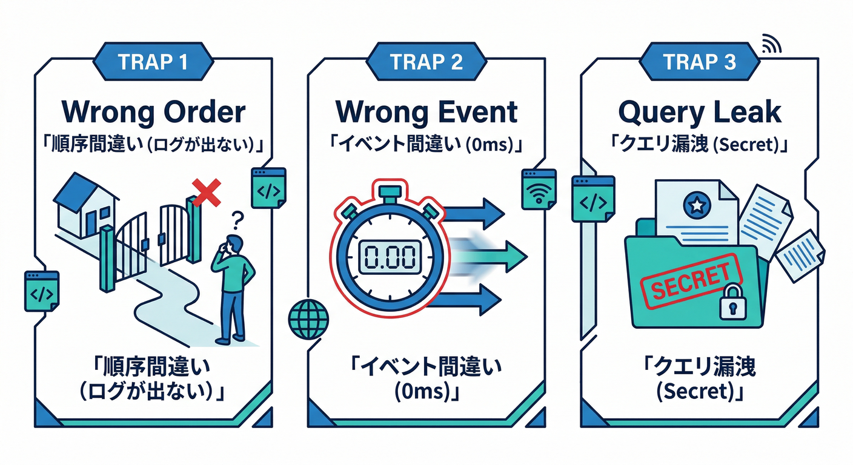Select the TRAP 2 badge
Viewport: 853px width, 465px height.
[426, 62]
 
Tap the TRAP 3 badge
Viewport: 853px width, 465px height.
[699, 62]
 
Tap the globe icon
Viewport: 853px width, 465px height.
[310, 316]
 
